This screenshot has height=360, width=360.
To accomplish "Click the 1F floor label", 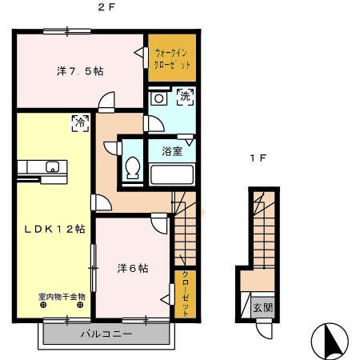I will pyautogui.click(x=258, y=159).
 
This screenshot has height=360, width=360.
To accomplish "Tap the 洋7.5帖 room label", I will pyautogui.click(x=79, y=71).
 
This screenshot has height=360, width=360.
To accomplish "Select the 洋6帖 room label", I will pyautogui.click(x=131, y=268).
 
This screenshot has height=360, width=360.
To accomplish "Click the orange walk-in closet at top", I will pyautogui.click(x=171, y=57).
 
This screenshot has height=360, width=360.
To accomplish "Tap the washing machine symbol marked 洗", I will pyautogui.click(x=184, y=97).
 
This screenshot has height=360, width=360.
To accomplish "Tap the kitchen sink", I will pyautogui.click(x=51, y=167).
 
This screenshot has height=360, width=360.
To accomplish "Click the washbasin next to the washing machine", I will pyautogui.click(x=159, y=99).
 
